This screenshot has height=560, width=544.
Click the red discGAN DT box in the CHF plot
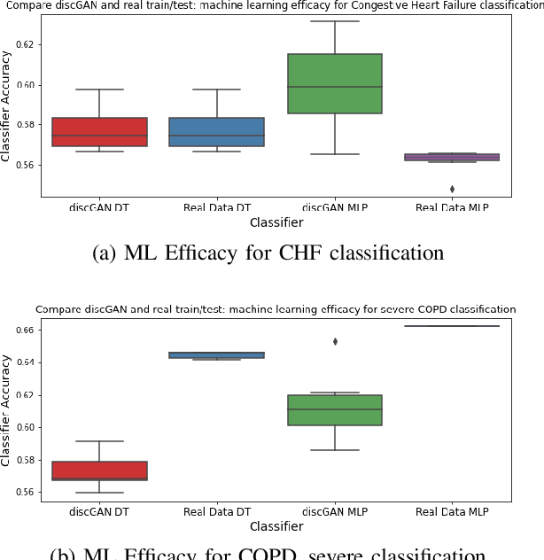(x=99, y=132)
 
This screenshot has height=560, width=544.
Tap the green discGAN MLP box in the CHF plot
(x=335, y=84)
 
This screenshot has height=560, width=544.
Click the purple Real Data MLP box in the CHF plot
(x=453, y=157)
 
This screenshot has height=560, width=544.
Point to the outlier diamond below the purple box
(x=453, y=189)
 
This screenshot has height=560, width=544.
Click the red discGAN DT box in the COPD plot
(x=99, y=471)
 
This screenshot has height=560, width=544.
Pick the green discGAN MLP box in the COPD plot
(x=335, y=410)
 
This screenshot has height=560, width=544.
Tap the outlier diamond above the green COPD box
(x=335, y=341)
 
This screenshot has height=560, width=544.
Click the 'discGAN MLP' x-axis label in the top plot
(x=335, y=207)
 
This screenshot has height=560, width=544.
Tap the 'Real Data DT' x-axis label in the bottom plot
(x=217, y=511)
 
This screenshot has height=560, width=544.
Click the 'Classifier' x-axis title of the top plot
(x=276, y=222)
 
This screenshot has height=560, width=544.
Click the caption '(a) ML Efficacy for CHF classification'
(x=268, y=253)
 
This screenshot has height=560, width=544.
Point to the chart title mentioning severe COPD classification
(x=276, y=309)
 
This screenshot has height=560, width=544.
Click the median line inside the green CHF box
(x=335, y=87)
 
